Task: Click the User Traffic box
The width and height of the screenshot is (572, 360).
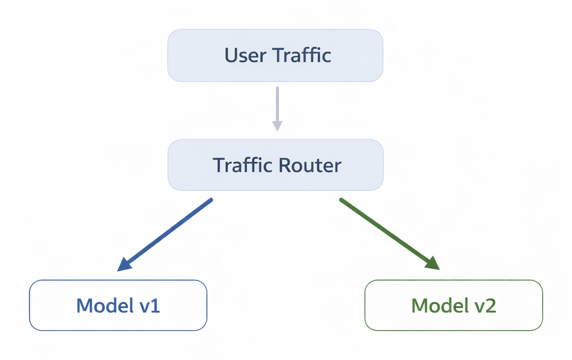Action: [x=275, y=55]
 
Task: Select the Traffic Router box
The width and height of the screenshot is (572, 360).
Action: [x=275, y=165]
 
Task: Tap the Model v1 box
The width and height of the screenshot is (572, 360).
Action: [x=118, y=305]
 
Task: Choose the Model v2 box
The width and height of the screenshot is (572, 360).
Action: [x=453, y=305]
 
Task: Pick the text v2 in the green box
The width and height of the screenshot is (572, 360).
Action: [x=484, y=306]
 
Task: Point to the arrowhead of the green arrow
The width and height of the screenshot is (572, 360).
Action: [x=433, y=265]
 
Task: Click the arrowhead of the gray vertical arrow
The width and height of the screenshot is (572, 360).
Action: [x=277, y=125]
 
